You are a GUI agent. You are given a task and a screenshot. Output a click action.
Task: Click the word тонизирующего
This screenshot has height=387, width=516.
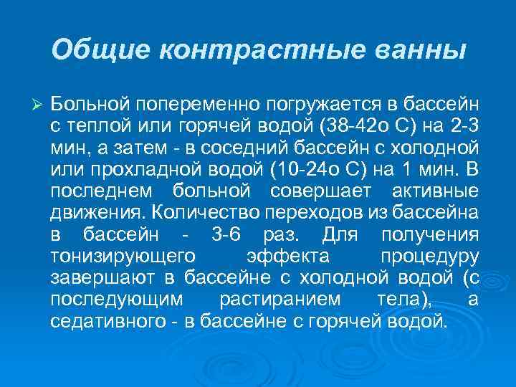click(119, 257)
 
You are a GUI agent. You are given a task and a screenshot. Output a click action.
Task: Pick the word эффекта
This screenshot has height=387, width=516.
click(287, 257)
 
